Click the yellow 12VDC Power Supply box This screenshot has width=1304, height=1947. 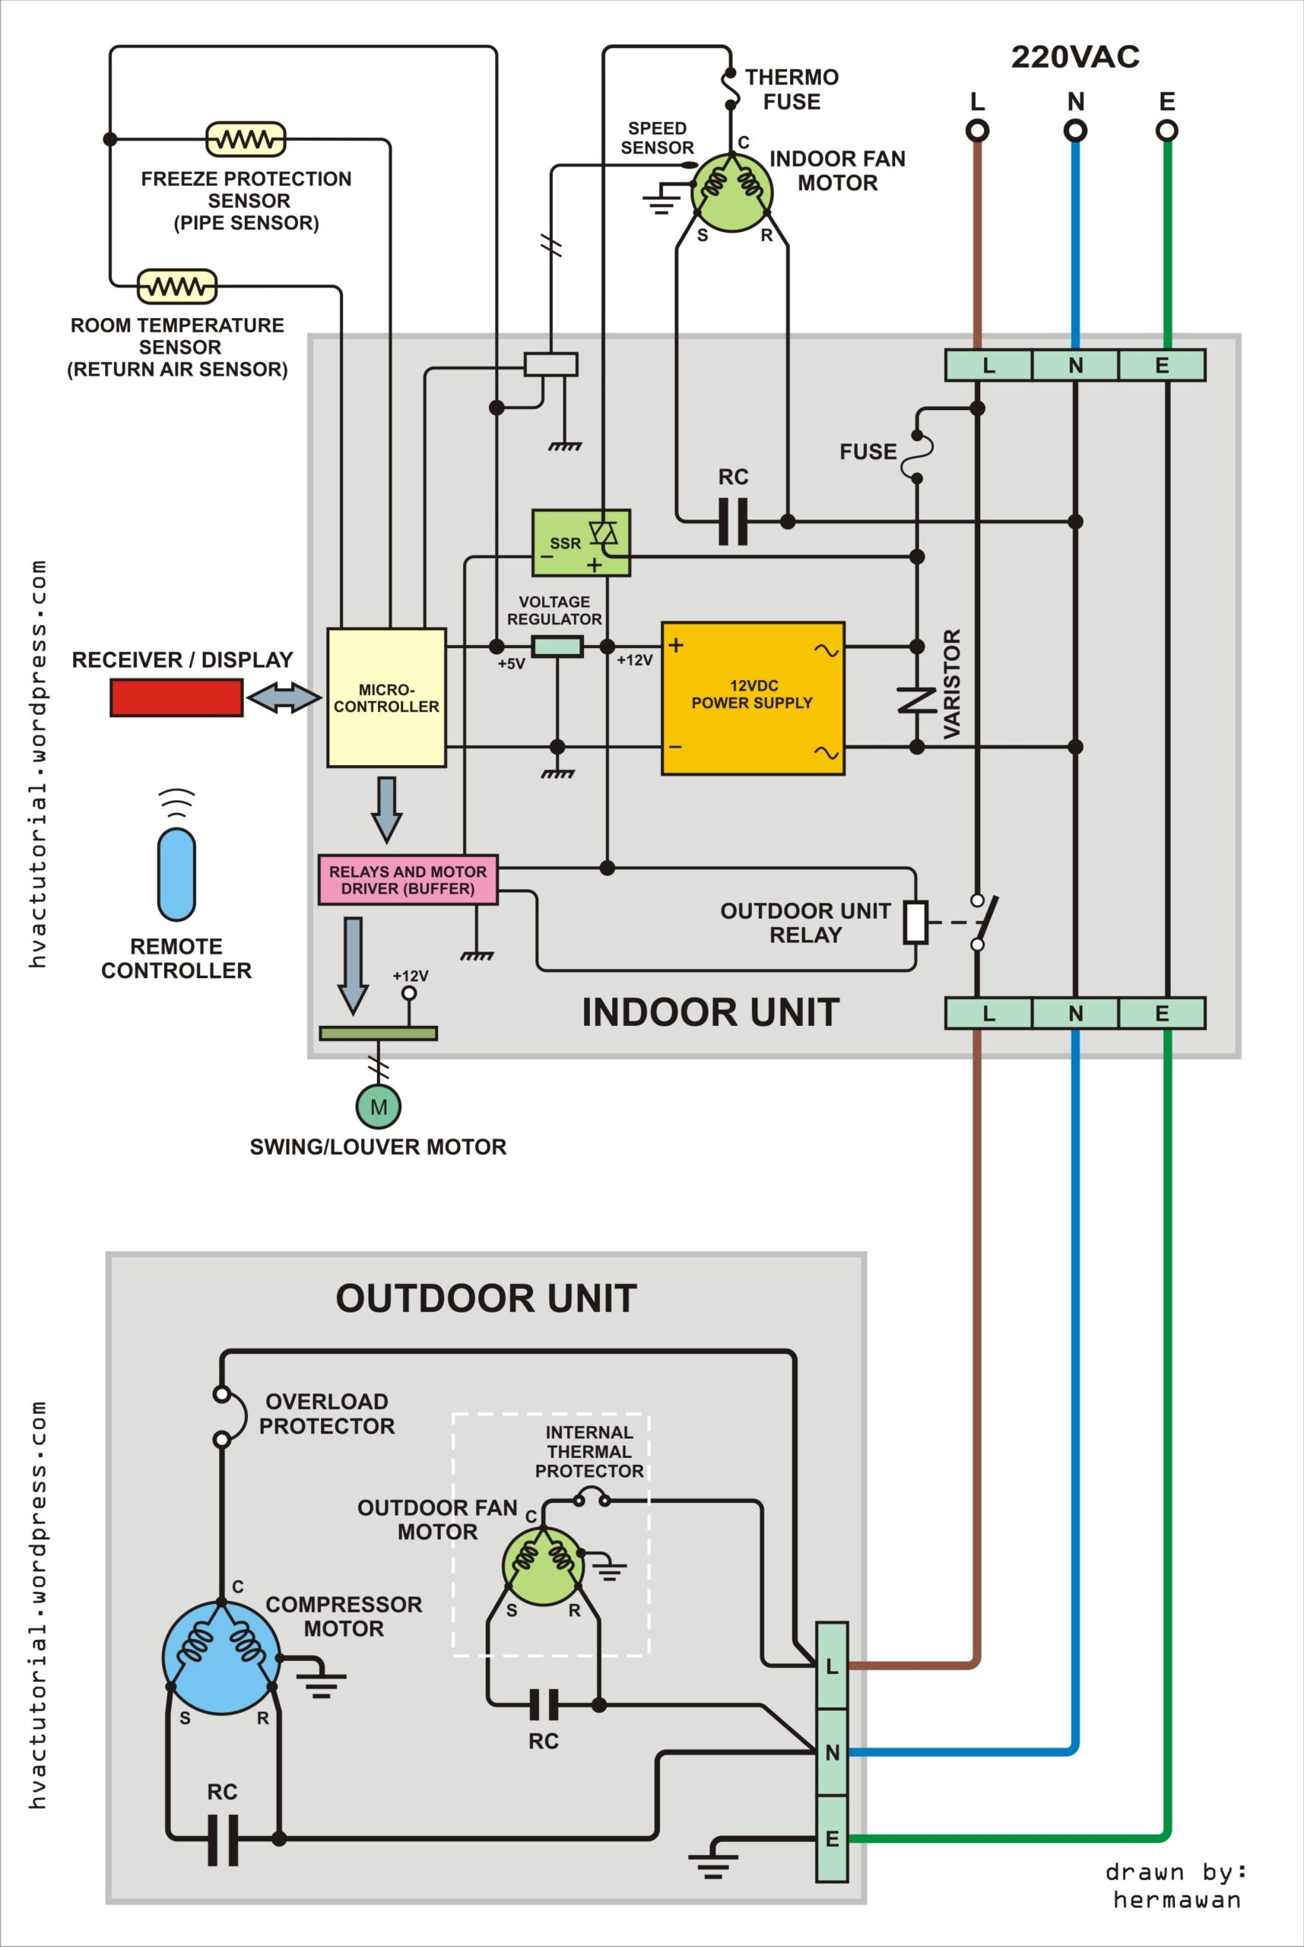[x=753, y=699]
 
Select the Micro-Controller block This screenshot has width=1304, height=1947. [x=386, y=697]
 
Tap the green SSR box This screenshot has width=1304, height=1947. [x=580, y=543]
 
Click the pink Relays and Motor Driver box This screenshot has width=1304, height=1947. [x=408, y=880]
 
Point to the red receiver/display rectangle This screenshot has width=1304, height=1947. [x=176, y=697]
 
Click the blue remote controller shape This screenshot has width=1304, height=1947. [x=176, y=873]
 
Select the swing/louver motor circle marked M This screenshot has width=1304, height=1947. [x=379, y=1107]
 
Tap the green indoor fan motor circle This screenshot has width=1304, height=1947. [x=731, y=192]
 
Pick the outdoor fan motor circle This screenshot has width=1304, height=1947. [x=543, y=1566]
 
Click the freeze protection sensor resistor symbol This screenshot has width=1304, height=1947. [x=246, y=139]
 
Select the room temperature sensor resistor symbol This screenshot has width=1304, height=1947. [x=176, y=287]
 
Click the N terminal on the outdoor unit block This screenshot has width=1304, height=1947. [x=832, y=1752]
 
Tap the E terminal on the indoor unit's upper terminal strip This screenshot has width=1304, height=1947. [x=1162, y=365]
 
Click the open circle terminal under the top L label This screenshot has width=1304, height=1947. [x=977, y=131]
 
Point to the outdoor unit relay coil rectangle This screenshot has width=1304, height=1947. [x=915, y=922]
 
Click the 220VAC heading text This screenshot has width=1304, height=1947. [x=1074, y=56]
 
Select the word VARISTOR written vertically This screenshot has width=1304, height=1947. [x=952, y=684]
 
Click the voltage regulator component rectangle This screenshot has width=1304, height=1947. [x=557, y=646]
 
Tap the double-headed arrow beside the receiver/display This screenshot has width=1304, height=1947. [x=284, y=697]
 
